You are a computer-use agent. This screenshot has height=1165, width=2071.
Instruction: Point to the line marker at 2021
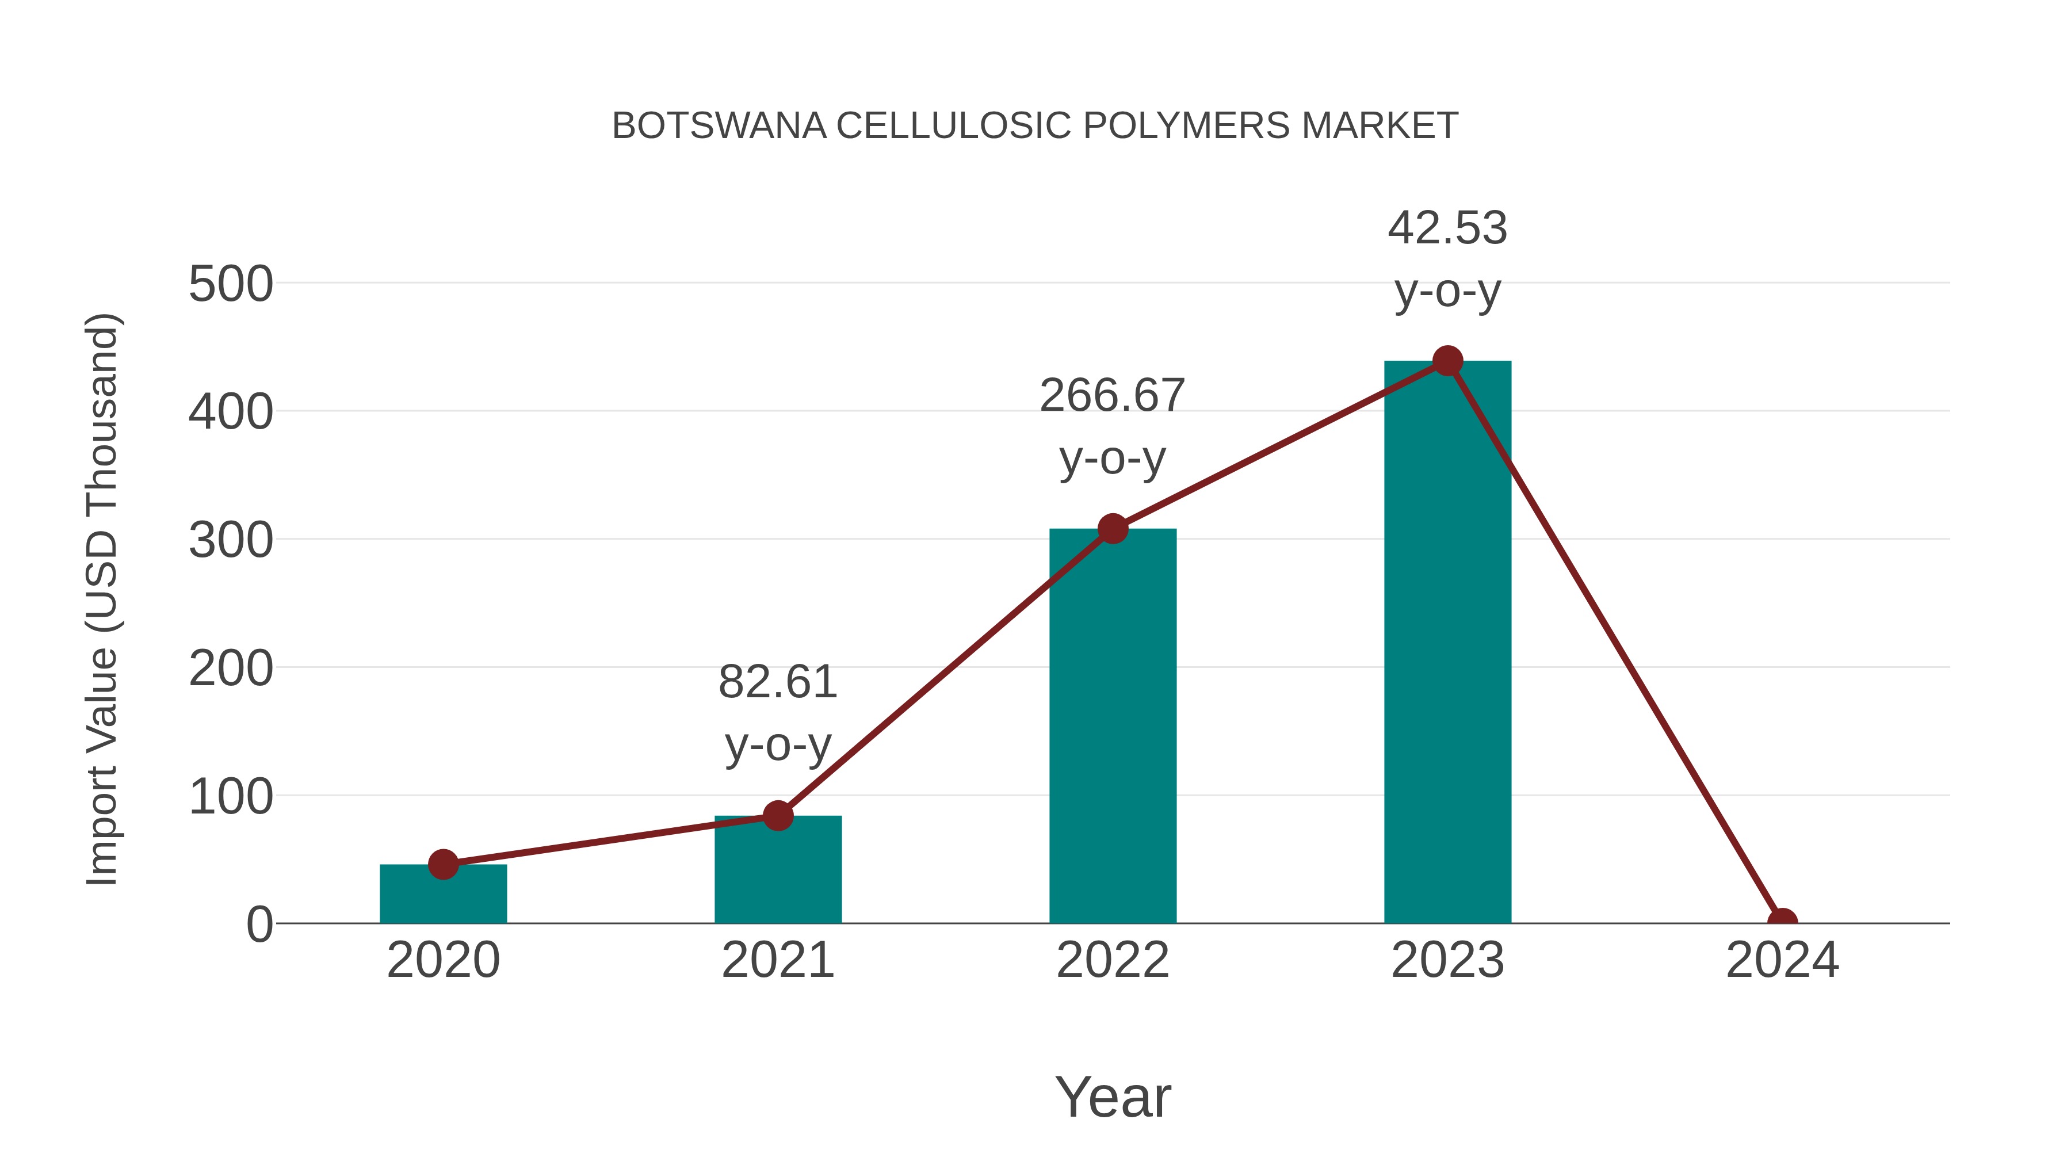(777, 815)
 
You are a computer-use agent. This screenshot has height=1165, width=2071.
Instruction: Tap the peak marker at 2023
(1447, 361)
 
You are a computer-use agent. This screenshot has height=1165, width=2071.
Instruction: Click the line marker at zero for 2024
(1782, 922)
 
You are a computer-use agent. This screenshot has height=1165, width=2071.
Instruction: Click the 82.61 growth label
(777, 682)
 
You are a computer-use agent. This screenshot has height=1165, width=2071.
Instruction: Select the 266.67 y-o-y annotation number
(1112, 396)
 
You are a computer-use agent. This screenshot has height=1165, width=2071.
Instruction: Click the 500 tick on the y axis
(231, 285)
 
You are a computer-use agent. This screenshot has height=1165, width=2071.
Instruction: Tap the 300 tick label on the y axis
(231, 541)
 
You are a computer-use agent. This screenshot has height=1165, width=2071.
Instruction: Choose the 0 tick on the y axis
(259, 925)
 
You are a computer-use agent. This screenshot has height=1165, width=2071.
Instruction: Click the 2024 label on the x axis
(1782, 960)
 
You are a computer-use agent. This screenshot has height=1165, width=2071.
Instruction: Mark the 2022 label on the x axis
(1113, 960)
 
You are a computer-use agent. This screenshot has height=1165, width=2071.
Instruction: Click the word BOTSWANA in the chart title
(719, 126)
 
